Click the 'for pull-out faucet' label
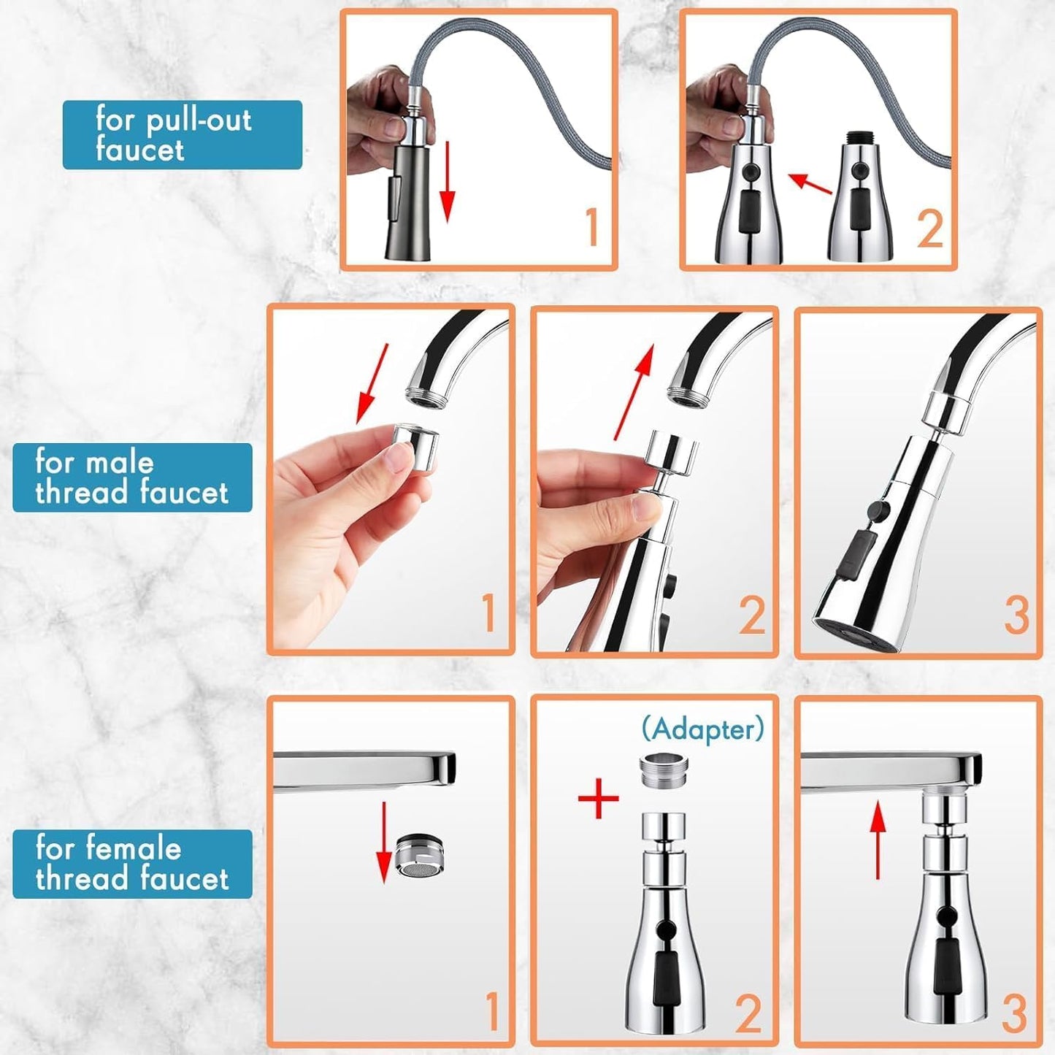pyautogui.click(x=182, y=135)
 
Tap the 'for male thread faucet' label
pyautogui.click(x=132, y=477)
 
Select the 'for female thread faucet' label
pyautogui.click(x=132, y=864)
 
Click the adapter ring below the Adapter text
pyautogui.click(x=664, y=770)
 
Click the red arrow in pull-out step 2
pyautogui.click(x=810, y=184)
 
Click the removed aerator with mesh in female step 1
pyautogui.click(x=421, y=855)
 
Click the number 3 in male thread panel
pyautogui.click(x=1016, y=615)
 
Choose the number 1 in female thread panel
pyautogui.click(x=492, y=1011)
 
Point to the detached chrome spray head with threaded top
pyautogui.click(x=862, y=197)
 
